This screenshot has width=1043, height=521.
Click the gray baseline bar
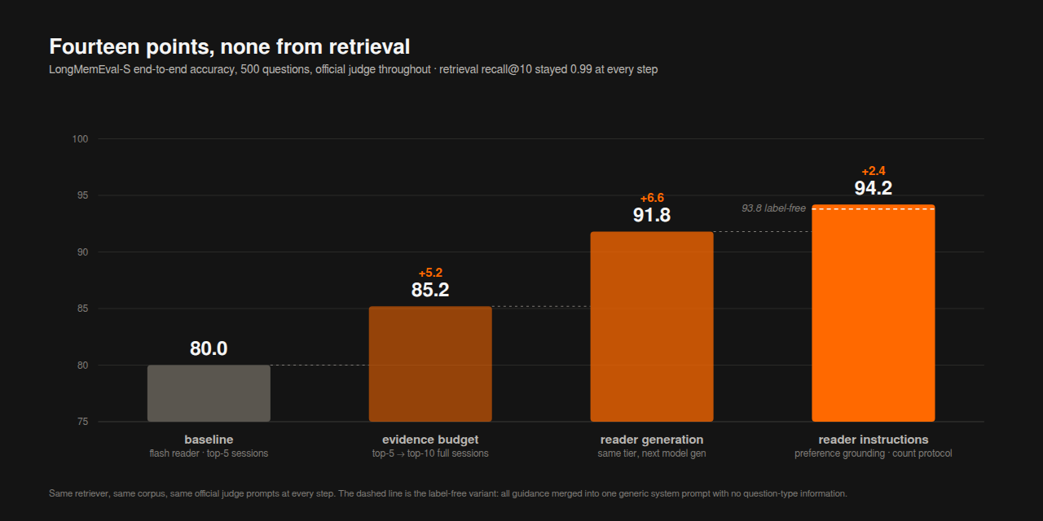[x=209, y=393]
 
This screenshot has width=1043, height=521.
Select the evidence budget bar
[x=430, y=364]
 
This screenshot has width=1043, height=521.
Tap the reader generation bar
[x=652, y=326]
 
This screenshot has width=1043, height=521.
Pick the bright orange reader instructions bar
[x=873, y=313]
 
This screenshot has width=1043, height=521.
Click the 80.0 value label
[x=209, y=348]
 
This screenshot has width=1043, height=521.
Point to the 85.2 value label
[x=430, y=290]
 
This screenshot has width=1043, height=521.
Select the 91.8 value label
[x=652, y=215]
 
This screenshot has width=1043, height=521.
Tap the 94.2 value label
[x=873, y=188]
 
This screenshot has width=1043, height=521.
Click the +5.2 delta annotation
[x=430, y=273]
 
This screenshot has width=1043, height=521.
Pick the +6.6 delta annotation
[x=652, y=198]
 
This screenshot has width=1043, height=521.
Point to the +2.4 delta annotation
[x=873, y=171]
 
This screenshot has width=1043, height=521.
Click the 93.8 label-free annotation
[x=773, y=208]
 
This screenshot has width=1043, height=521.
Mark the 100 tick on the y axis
[x=80, y=139]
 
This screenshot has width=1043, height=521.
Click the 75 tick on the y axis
[x=82, y=422]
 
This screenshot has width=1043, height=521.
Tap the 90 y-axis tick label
[x=82, y=252]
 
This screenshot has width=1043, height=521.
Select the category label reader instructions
[x=873, y=440]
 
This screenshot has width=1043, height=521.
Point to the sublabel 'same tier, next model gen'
[x=652, y=453]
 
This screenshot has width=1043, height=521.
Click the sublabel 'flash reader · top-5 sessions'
[x=209, y=453]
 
